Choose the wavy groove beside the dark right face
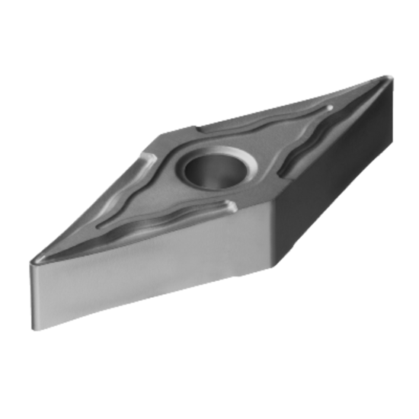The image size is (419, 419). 305,152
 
